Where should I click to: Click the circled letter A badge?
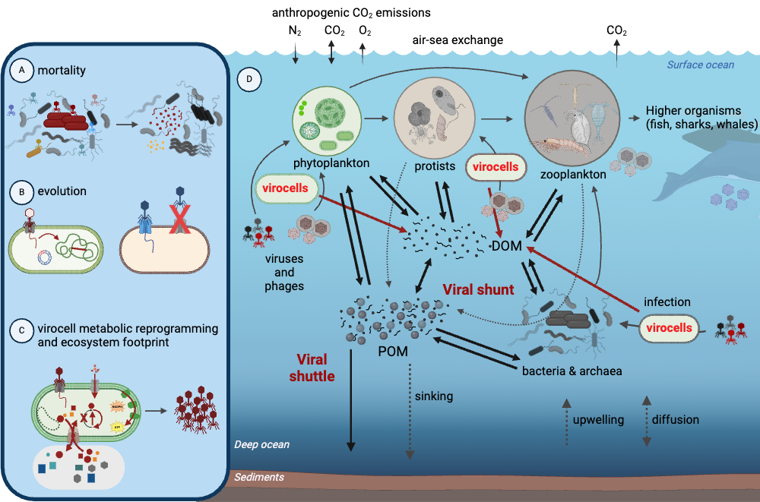coord(22,71)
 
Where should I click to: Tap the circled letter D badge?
coord(249,79)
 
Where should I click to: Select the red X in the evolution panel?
coord(180,219)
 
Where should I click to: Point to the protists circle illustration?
coord(434,118)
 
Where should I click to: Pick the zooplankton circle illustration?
coord(572,118)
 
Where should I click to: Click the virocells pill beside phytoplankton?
coord(286,188)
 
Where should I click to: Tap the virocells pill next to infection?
coord(669,328)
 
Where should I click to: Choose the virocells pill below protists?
coord(496,167)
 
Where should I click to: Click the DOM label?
coord(506,246)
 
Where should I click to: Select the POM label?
coord(393,352)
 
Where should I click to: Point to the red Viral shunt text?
coord(478,290)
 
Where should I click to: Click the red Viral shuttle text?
coord(312,368)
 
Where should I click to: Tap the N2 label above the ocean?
coord(295,31)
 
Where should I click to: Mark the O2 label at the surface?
coord(365,31)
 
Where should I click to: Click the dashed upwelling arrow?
coord(566,421)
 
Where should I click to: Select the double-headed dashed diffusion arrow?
coord(647,421)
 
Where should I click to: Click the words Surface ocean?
coord(701,65)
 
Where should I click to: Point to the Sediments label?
coord(259,477)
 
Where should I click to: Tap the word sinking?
coord(434,396)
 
